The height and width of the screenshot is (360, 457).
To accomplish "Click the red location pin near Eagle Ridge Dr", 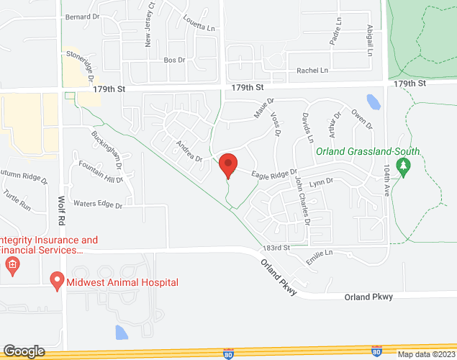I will [228, 165].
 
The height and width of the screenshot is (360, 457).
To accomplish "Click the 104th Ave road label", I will [389, 178].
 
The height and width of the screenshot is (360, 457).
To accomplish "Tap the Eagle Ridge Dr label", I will [273, 174].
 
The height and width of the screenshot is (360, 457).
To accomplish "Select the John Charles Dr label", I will [302, 203].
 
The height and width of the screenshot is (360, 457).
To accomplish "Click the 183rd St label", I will [276, 247].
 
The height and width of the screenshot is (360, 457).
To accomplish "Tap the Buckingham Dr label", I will [108, 148].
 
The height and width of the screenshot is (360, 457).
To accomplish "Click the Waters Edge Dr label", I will [98, 204].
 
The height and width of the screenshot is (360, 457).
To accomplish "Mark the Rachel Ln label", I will [312, 71].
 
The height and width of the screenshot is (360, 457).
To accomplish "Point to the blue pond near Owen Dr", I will [373, 102].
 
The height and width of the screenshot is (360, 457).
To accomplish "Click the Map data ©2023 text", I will [426, 354].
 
